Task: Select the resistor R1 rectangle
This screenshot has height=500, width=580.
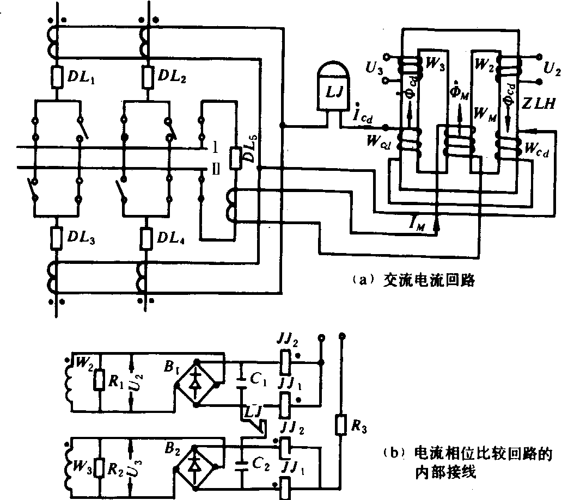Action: click(99, 381)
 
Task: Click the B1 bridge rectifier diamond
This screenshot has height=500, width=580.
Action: click(194, 384)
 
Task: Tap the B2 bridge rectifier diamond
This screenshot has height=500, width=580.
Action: click(194, 466)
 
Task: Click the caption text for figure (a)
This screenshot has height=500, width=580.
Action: click(414, 280)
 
